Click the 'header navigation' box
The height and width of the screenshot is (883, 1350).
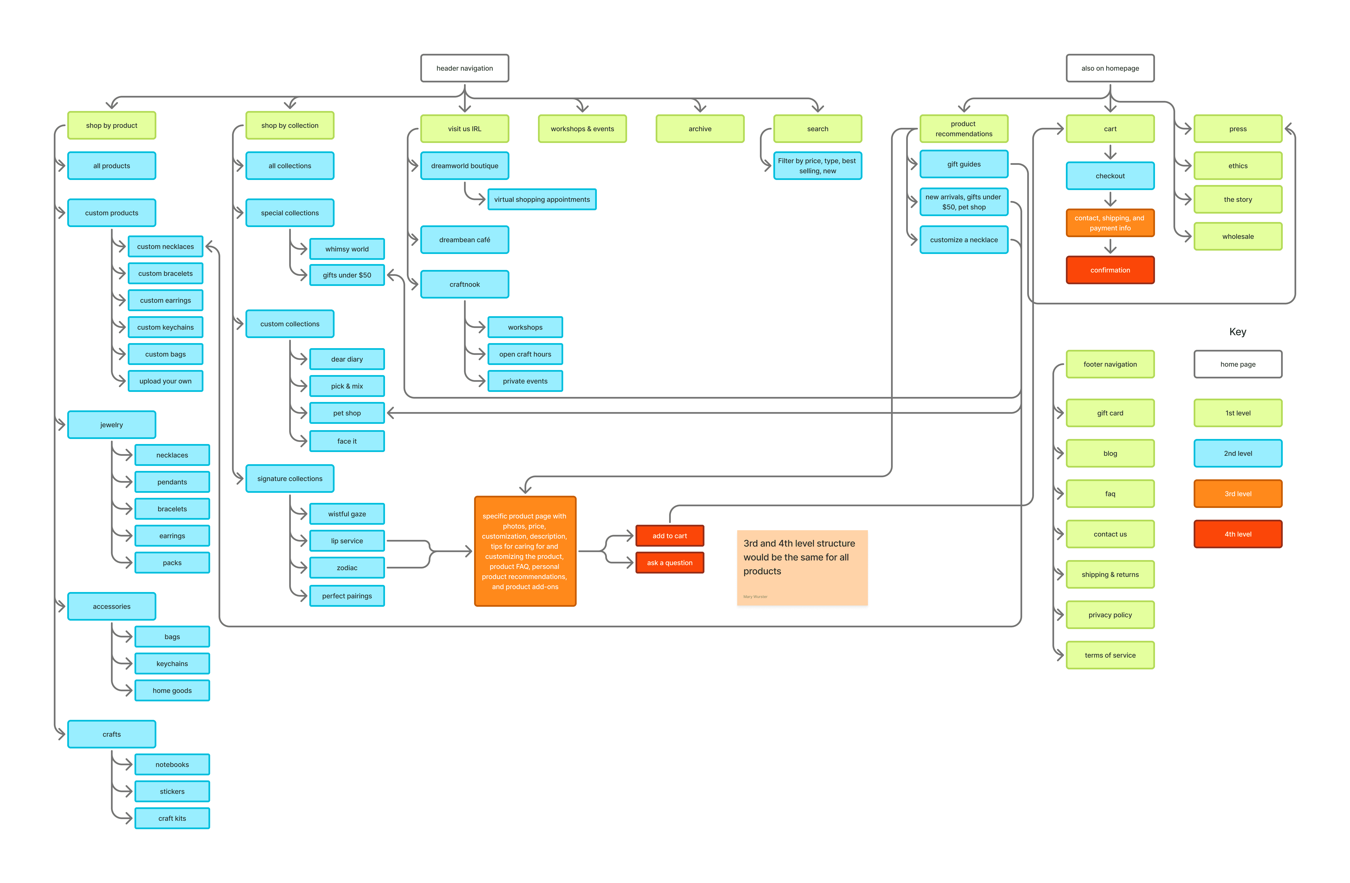point(465,68)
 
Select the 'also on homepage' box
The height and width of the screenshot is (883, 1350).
point(1110,68)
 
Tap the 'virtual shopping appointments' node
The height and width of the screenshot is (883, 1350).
point(542,199)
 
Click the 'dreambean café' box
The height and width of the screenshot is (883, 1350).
point(465,239)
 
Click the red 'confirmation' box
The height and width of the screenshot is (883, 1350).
point(1110,270)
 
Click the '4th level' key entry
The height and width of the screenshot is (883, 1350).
point(1238,534)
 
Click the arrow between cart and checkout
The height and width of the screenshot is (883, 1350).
point(1110,152)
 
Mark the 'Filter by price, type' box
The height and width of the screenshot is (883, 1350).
point(817,166)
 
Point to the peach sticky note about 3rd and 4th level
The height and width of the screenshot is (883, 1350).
point(802,567)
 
